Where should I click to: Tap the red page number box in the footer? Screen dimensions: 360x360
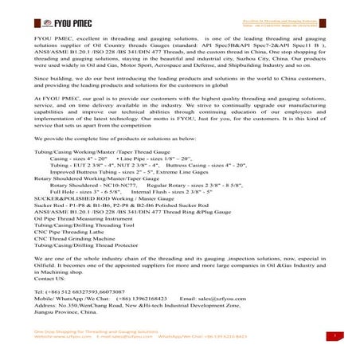pyautogui.click(x=338, y=336)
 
